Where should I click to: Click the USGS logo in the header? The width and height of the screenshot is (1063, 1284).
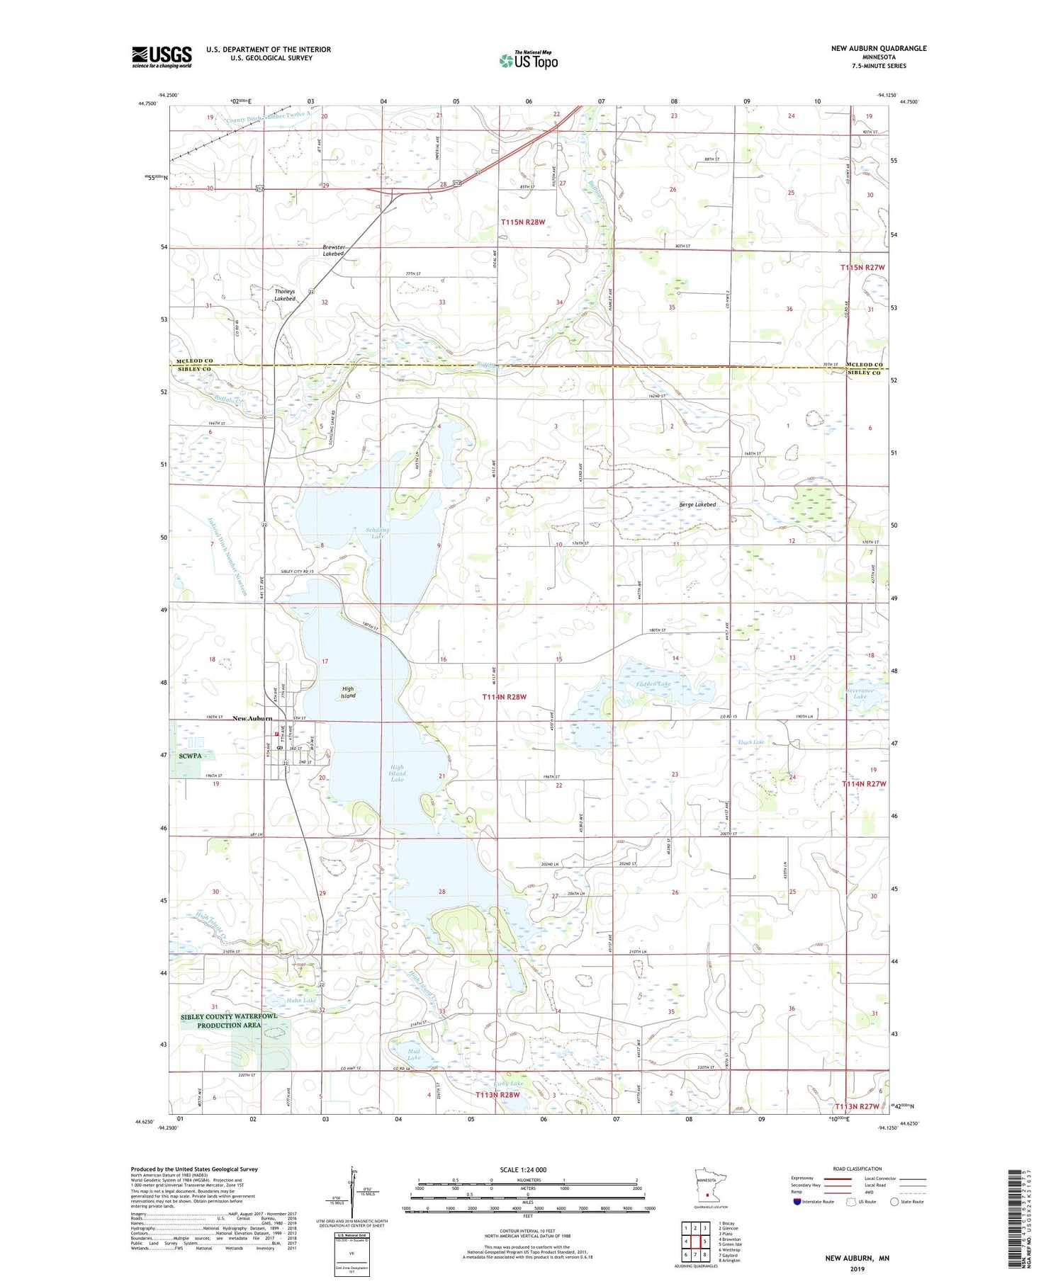162,57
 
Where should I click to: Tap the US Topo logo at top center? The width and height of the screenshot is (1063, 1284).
528,60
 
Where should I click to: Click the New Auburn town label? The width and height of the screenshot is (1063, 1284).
252,719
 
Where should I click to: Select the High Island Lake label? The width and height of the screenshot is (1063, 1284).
397,773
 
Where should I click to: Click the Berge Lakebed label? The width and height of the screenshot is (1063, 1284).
697,504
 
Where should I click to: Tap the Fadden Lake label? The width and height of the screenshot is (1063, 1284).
653,684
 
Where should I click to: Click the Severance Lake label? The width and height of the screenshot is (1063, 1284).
860,693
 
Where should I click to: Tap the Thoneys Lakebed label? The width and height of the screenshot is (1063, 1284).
285,295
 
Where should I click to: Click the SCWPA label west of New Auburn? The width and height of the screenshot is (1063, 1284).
191,756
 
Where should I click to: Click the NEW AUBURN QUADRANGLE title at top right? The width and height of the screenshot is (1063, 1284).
879,48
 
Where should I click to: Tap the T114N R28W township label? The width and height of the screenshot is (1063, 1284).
505,697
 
